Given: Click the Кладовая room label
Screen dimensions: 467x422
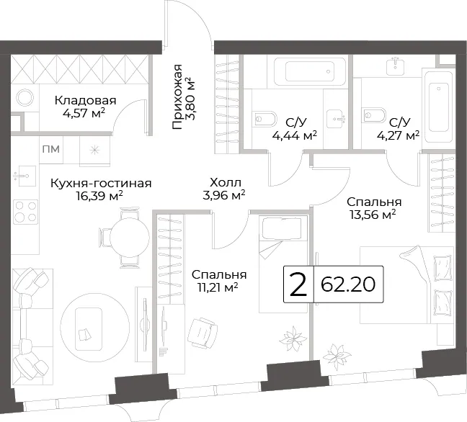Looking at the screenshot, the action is pyautogui.click(x=86, y=101).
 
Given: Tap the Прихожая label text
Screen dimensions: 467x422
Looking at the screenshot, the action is pyautogui.click(x=177, y=96).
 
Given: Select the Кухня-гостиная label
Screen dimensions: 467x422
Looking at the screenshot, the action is pyautogui.click(x=101, y=183).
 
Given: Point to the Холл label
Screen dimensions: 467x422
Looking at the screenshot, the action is pyautogui.click(x=225, y=182).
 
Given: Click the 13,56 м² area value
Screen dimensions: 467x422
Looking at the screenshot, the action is pyautogui.click(x=373, y=215).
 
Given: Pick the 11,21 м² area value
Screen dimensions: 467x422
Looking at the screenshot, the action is pyautogui.click(x=218, y=287).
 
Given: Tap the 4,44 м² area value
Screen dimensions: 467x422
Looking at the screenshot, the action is pyautogui.click(x=294, y=135).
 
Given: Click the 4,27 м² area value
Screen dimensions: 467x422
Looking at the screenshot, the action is pyautogui.click(x=399, y=135).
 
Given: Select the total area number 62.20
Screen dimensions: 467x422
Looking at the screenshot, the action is pyautogui.click(x=348, y=284).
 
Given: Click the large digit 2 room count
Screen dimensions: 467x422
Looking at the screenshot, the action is pyautogui.click(x=298, y=284).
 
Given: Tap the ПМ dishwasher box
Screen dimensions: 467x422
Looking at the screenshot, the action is pyautogui.click(x=51, y=149).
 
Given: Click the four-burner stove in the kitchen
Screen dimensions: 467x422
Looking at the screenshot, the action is pyautogui.click(x=26, y=212).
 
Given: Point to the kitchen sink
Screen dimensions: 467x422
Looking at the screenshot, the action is pyautogui.click(x=25, y=176).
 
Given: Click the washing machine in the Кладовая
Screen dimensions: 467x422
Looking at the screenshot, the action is pyautogui.click(x=25, y=98).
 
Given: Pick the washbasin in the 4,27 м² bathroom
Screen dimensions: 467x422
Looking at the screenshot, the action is pyautogui.click(x=395, y=66).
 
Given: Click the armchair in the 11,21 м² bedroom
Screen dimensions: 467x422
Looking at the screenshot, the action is pyautogui.click(x=203, y=333).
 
